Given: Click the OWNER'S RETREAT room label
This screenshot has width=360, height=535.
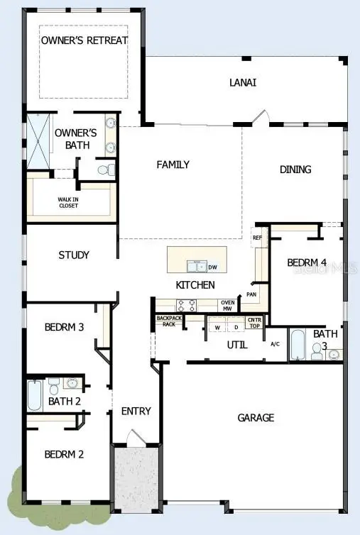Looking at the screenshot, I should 84,40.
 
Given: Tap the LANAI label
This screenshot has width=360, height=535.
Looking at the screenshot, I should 242,82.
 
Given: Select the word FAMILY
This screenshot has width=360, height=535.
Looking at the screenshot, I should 173,165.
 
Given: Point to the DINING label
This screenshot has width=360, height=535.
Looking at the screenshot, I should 295,170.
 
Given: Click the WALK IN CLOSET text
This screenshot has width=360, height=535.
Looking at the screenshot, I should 69,203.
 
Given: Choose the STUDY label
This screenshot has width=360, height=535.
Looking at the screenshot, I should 74,255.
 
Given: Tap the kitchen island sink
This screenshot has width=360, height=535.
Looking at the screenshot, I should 197,267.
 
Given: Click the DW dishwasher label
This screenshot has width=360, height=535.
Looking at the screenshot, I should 212,267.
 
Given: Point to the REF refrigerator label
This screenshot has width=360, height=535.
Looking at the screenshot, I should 257,238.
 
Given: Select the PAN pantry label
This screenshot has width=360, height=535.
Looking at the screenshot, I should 251,293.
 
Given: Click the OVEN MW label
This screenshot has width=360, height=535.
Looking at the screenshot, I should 227,306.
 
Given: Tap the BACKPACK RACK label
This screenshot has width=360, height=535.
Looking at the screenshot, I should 169,321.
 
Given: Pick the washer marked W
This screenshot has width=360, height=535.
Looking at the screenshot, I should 217,328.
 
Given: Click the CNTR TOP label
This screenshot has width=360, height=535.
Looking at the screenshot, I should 254,324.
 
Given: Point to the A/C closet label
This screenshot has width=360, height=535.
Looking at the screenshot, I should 276,344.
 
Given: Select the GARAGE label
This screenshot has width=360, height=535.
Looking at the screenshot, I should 256,418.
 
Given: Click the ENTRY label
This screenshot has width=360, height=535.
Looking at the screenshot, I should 136,411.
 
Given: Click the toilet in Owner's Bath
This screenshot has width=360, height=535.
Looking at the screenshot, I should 104,170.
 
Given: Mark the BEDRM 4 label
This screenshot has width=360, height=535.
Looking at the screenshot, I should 307,263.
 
